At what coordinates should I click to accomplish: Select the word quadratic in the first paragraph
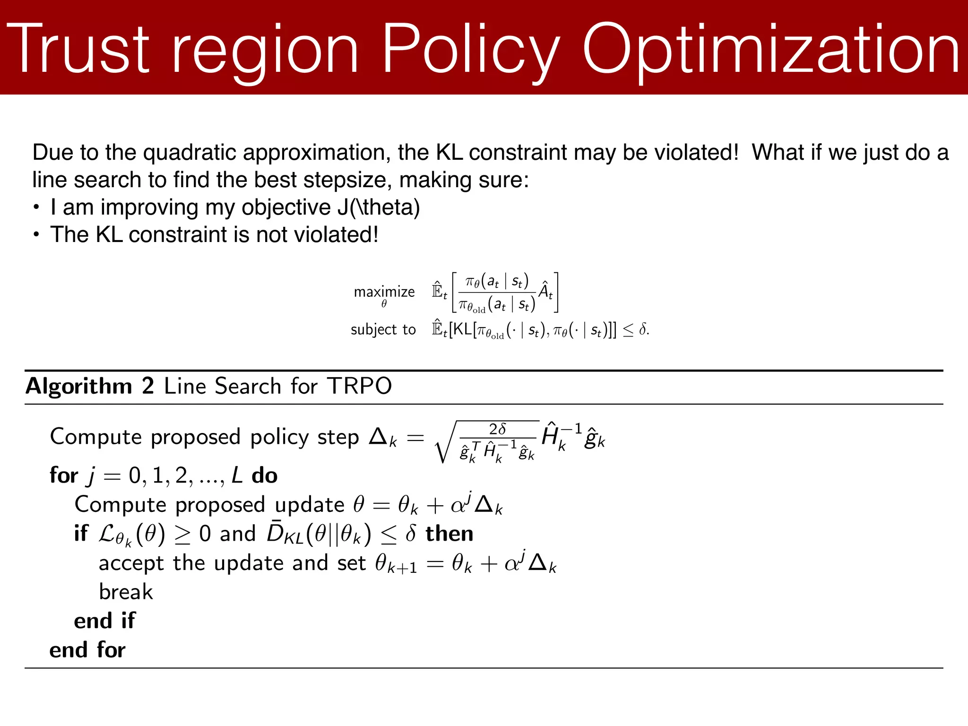click(192, 153)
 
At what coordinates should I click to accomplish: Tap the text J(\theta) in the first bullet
click(379, 207)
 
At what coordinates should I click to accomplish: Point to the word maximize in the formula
click(384, 292)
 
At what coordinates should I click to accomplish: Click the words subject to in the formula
click(383, 329)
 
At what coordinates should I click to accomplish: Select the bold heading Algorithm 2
click(90, 386)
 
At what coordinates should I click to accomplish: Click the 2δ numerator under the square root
click(497, 429)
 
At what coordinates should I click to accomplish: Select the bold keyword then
click(449, 534)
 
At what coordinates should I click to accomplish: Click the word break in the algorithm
click(126, 592)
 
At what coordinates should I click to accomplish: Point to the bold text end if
click(104, 621)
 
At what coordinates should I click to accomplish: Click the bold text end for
click(87, 650)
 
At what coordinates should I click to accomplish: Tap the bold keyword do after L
click(264, 475)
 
